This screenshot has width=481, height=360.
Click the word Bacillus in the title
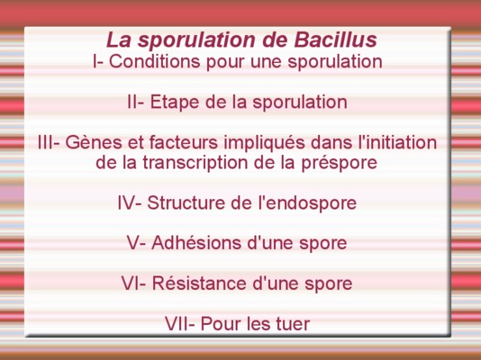335,40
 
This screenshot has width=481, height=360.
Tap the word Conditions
155,61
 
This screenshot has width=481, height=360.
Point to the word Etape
175,102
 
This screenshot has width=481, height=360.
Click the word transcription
195,163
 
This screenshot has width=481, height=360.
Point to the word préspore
339,163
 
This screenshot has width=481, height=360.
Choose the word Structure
186,202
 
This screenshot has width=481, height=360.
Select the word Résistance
199,283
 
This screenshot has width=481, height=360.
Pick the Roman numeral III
46,142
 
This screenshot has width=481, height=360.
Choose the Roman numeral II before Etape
132,102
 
